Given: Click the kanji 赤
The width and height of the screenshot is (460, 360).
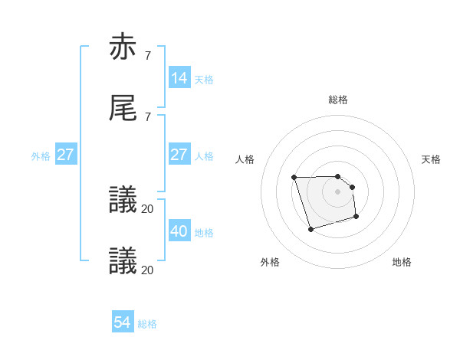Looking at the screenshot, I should click(123, 47).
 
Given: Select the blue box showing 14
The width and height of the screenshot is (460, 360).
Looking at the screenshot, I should click(179, 78).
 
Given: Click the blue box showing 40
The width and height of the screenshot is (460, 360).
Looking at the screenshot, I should click(179, 231).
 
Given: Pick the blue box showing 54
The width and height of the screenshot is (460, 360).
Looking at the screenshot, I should click(122, 322).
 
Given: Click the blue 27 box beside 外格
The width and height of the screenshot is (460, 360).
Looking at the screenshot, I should click(66, 155).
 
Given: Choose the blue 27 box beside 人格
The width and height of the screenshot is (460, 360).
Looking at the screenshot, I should click(179, 155).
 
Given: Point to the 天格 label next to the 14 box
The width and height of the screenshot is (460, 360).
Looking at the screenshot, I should click(204, 80).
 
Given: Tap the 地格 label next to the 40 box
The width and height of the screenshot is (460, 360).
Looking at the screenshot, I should click(204, 233).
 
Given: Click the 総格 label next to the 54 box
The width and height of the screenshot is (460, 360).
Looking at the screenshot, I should click(147, 324).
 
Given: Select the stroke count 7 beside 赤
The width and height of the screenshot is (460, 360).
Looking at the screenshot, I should click(147, 56).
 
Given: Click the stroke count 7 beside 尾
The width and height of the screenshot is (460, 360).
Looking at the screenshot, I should click(147, 116).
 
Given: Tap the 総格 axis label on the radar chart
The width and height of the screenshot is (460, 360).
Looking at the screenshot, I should click(338, 100).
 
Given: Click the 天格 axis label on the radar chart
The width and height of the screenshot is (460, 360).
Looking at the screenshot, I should click(432, 159).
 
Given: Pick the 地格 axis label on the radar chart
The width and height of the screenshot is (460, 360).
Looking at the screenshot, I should click(402, 262).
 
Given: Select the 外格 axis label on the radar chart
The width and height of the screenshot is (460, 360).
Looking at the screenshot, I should click(270, 262).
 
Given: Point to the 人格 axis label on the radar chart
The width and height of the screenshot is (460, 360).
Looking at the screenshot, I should click(245, 159).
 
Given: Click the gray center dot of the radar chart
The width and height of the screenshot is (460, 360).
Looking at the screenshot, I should click(338, 191).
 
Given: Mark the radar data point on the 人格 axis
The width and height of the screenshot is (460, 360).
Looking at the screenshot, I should click(294, 178).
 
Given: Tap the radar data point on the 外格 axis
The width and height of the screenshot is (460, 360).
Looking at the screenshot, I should click(310, 229).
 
